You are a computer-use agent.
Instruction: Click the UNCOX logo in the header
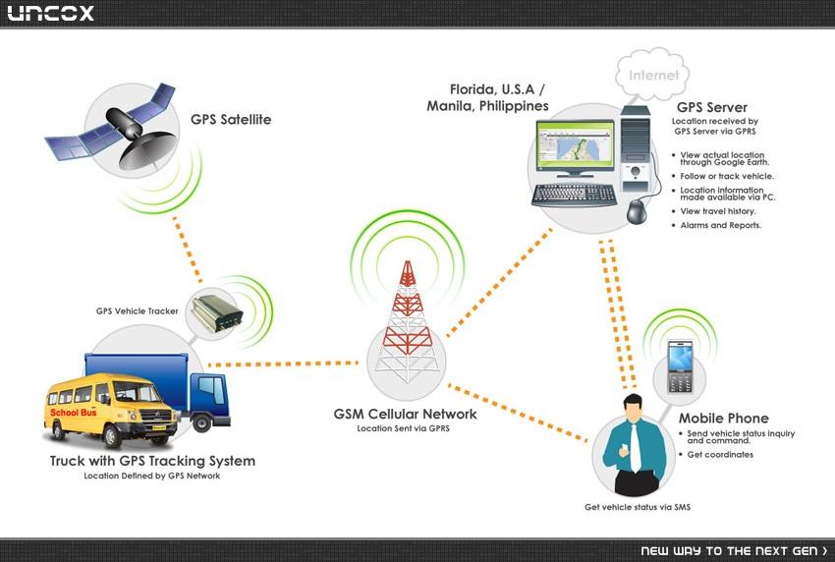[x=50, y=13]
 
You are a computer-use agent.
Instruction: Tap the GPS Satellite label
[x=231, y=119]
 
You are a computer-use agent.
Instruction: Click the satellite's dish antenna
[x=148, y=149]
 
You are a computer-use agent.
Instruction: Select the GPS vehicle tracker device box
[x=217, y=312]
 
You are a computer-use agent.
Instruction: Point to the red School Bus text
[x=74, y=413]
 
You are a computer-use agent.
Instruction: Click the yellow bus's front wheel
[x=112, y=435]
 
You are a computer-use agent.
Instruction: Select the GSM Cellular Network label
[x=405, y=414]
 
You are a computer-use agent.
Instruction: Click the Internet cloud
[x=652, y=75]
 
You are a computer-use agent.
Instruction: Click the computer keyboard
[x=574, y=195]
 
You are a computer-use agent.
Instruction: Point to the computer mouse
[x=637, y=211]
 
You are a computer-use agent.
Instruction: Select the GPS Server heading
[x=712, y=107]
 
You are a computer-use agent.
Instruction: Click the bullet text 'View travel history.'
[x=718, y=211]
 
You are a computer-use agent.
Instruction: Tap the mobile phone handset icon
[x=680, y=366]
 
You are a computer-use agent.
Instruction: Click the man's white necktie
[x=635, y=447]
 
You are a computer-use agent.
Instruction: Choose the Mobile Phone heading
[x=723, y=419]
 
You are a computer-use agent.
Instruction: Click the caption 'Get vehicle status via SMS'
[x=638, y=507]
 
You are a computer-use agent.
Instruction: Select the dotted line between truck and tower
[x=283, y=364]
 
